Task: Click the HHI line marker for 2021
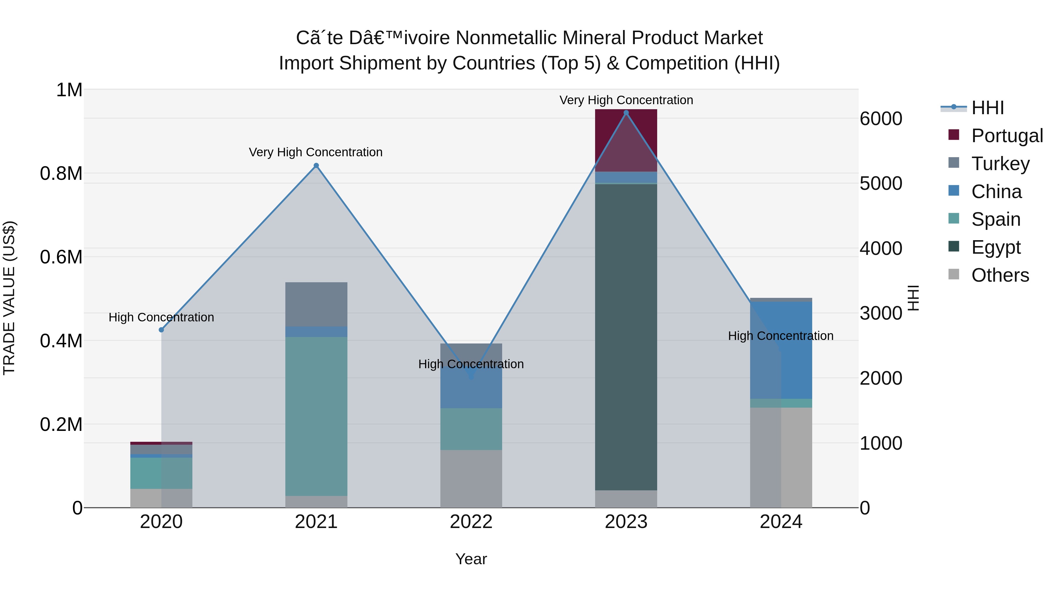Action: pos(316,166)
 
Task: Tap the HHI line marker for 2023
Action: pos(626,113)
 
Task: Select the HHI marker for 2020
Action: pos(161,330)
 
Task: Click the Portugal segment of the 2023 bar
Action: pos(626,140)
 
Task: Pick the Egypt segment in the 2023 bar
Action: pos(626,337)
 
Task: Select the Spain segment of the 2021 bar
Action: pos(316,415)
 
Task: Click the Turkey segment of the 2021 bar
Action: pos(316,304)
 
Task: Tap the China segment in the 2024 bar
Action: pos(781,350)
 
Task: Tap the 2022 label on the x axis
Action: pos(471,522)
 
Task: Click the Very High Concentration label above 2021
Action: pos(316,152)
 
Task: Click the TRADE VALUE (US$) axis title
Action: pos(9,298)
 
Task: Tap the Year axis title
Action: pos(471,559)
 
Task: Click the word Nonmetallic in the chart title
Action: pos(506,38)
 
